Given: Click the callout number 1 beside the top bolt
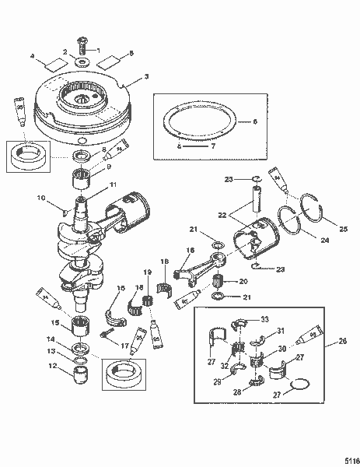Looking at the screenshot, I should pos(98,49).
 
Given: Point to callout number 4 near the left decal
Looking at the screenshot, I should pos(33,56).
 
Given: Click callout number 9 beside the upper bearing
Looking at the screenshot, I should pos(109,167).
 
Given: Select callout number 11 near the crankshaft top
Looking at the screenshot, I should pos(113,184).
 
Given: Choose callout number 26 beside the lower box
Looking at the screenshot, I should pos(334,341).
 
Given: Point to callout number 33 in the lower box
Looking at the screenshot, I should pos(264,319).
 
